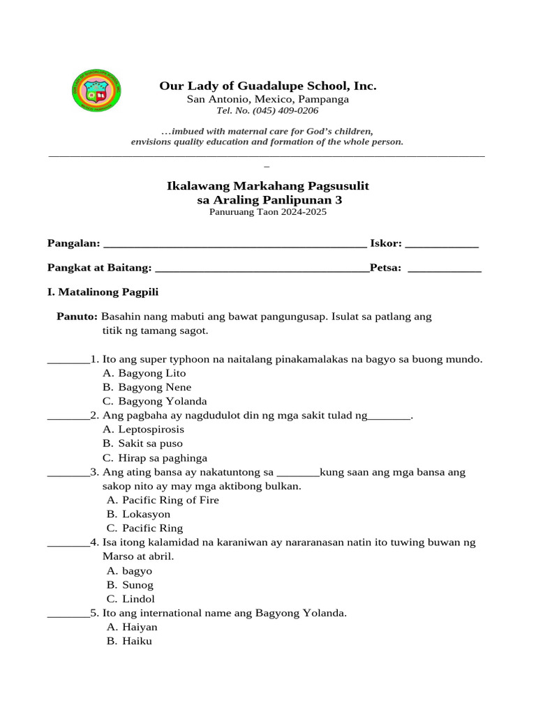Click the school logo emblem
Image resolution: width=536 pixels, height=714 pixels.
point(97,91)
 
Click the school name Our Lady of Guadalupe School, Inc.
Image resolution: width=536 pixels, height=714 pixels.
point(267,86)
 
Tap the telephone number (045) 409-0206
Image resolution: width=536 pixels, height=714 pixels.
point(267,111)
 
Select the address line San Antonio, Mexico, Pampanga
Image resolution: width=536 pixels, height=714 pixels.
point(267,99)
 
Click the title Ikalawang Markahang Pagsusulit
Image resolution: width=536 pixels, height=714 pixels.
point(267,186)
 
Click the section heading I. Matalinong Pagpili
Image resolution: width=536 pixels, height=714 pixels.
point(103,292)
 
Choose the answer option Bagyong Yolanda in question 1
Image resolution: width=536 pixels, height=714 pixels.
point(162,402)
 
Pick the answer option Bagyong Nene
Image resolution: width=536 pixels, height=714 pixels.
point(154,387)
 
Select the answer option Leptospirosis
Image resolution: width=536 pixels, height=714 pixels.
point(151,430)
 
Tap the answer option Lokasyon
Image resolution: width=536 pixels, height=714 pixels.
point(146,515)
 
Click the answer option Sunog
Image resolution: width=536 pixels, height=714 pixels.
point(137,585)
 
